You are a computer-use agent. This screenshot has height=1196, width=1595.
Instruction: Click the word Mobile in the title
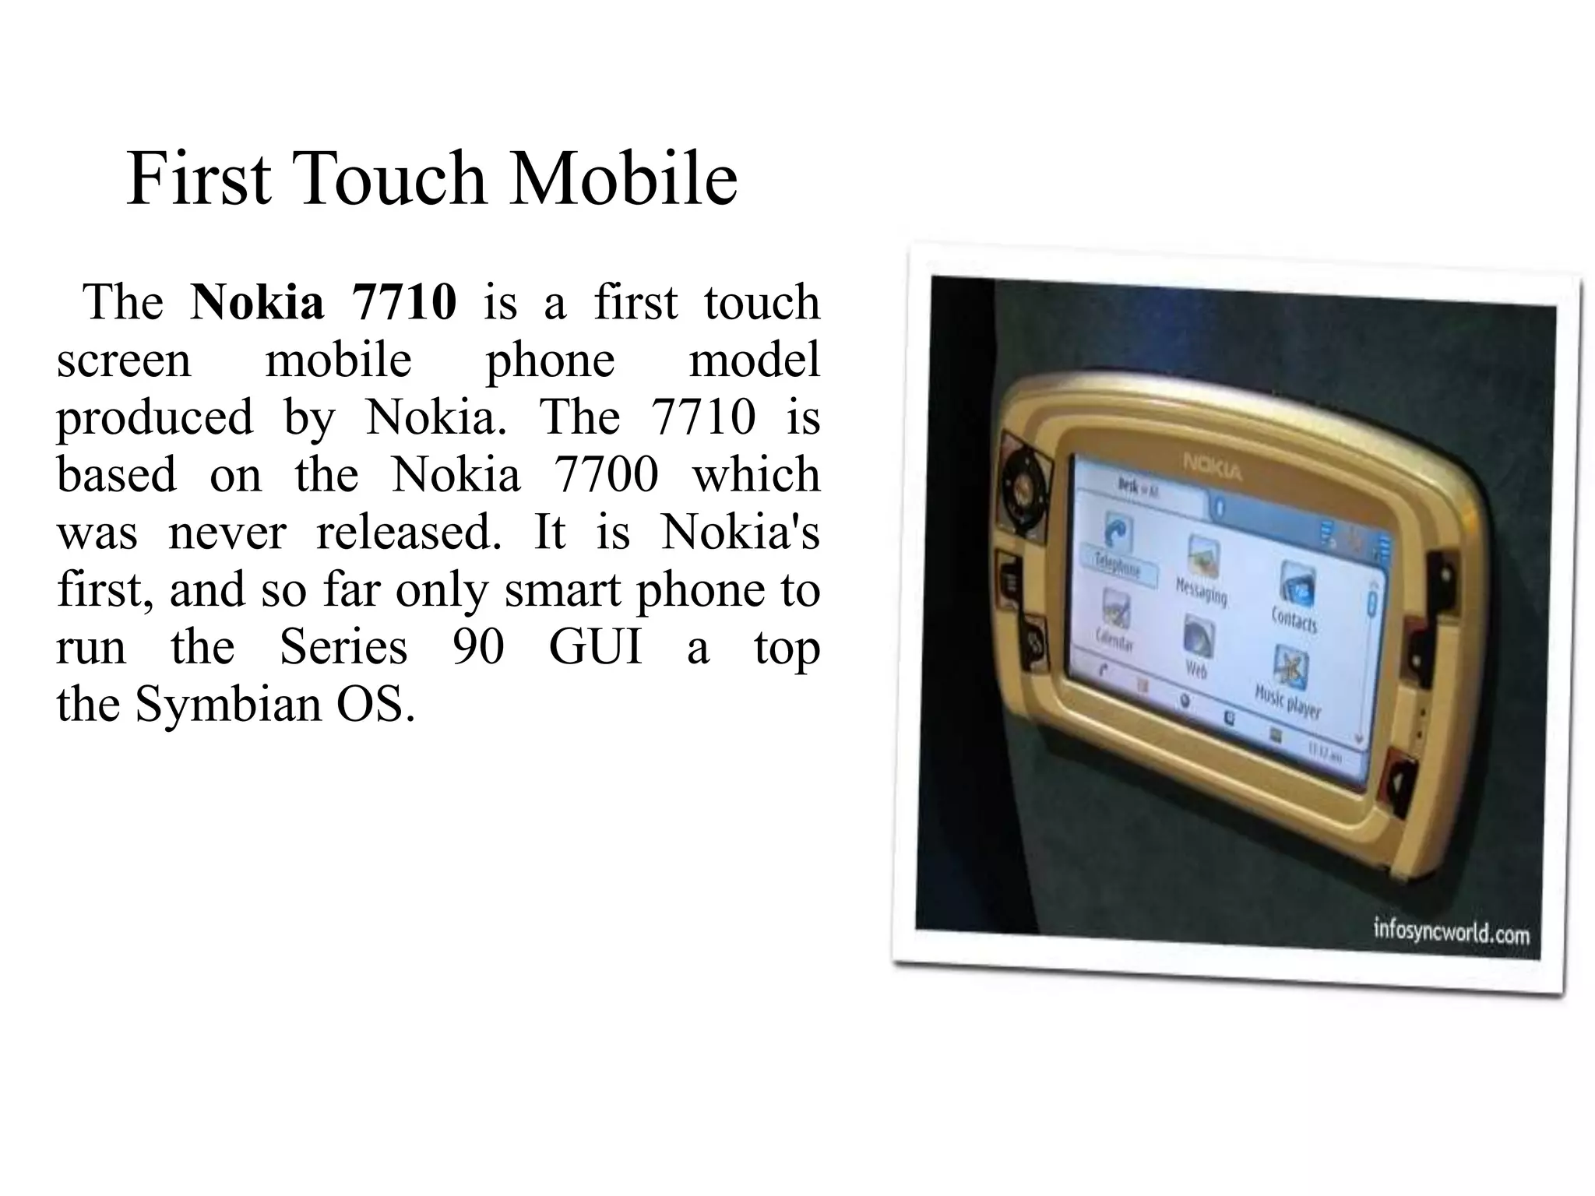tap(623, 179)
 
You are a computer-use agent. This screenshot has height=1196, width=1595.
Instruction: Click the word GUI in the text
tap(596, 647)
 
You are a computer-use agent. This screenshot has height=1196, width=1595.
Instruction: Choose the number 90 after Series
tap(478, 647)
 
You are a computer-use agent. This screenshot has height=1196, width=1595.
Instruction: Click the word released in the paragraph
tap(409, 533)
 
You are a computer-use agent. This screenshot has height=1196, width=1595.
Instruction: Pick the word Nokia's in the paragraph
tap(740, 533)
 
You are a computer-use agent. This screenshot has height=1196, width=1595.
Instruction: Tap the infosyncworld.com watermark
tap(1450, 930)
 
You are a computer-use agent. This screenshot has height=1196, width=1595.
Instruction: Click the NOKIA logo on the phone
tap(1213, 466)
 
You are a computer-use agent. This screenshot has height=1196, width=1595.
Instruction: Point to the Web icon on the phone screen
tap(1197, 638)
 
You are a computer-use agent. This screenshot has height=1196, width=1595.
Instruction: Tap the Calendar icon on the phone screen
tap(1114, 612)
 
